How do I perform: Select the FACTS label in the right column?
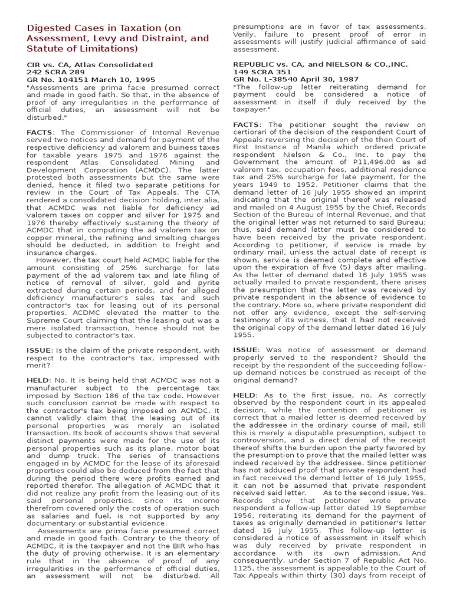coord(246,124)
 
